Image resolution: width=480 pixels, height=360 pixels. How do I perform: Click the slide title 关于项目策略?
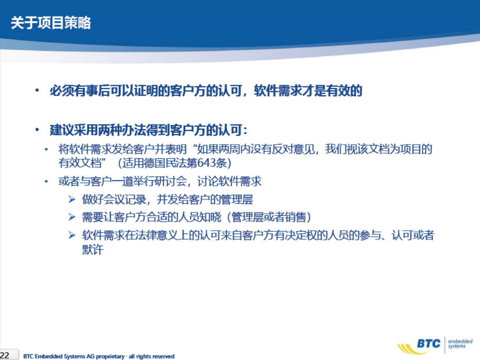(x=51, y=23)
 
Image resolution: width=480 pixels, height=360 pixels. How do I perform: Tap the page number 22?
(x=4, y=355)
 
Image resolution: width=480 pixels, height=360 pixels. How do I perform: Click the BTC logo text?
(x=429, y=343)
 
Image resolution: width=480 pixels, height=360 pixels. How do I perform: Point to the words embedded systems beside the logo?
(x=460, y=344)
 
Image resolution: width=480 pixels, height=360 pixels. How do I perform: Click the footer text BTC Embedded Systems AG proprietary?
(x=74, y=356)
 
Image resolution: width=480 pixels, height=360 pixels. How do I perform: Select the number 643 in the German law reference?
(x=206, y=163)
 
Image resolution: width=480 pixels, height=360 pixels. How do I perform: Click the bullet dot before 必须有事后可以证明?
(x=37, y=90)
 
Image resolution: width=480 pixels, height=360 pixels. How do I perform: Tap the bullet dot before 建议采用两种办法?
(x=37, y=130)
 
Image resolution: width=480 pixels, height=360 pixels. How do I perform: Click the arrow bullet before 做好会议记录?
(x=72, y=200)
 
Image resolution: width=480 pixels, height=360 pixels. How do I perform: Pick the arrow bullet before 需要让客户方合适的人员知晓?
(x=72, y=217)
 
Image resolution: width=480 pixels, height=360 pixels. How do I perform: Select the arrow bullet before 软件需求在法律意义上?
(x=72, y=235)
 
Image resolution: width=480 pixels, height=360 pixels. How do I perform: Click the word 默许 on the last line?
(x=93, y=249)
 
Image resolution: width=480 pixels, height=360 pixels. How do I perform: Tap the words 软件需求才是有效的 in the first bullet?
(x=308, y=91)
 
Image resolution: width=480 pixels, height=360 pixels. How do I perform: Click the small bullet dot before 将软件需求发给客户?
(x=46, y=149)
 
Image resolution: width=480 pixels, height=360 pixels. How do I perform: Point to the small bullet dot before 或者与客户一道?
(x=46, y=181)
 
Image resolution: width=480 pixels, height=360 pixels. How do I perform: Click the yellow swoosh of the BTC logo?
(x=409, y=349)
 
